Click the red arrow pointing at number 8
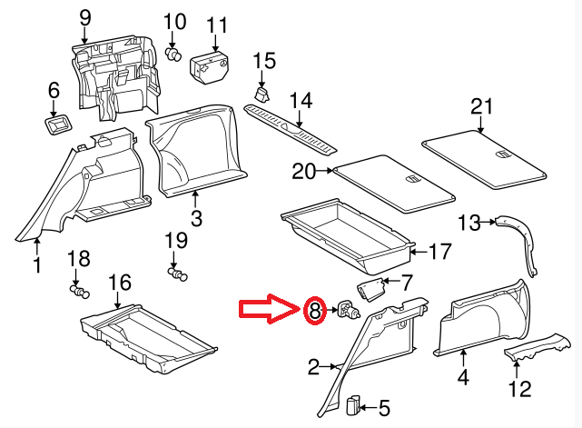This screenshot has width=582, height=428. click(268, 311)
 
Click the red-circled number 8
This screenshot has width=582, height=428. click(315, 313)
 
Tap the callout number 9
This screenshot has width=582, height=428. click(85, 16)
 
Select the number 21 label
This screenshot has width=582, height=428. click(480, 107)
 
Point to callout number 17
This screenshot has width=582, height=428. click(439, 252)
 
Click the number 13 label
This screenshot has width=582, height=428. click(469, 223)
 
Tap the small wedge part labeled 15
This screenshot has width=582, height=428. click(262, 94)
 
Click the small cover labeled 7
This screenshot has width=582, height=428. click(370, 291)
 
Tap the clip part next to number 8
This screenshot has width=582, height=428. click(348, 313)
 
